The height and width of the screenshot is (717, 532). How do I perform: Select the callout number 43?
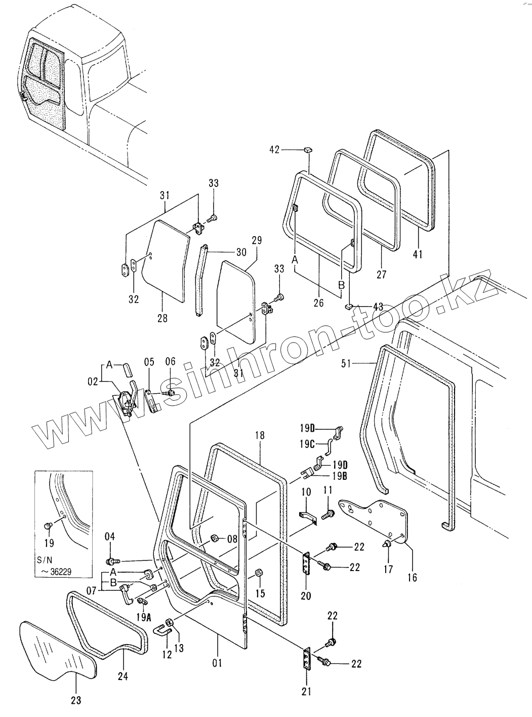point(377,307)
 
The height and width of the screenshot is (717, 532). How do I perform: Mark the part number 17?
point(388,569)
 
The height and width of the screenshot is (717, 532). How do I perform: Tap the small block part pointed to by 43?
point(349,306)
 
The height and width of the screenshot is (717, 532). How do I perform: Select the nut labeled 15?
point(258,573)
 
